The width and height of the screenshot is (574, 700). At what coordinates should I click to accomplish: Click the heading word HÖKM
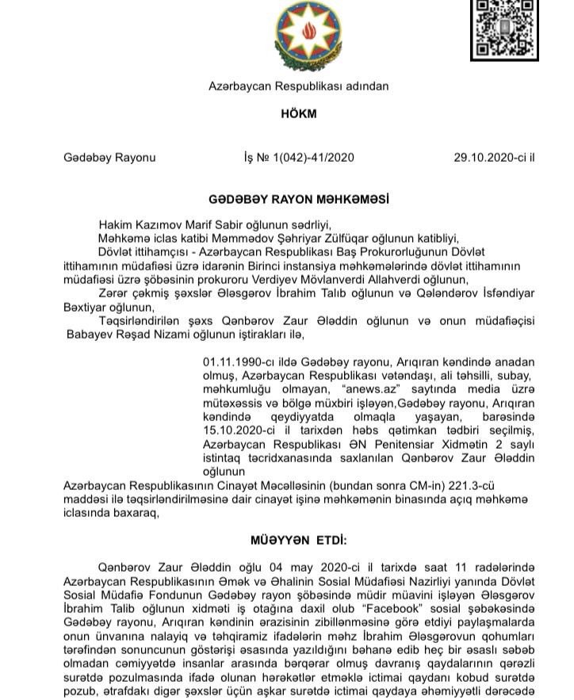pyautogui.click(x=298, y=113)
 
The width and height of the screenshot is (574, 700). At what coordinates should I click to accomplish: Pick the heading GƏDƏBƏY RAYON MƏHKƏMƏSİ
pyautogui.click(x=299, y=201)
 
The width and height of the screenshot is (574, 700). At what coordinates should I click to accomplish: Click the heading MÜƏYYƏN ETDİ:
pyautogui.click(x=299, y=540)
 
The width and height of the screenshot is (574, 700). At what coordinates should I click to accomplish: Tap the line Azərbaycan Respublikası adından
pyautogui.click(x=298, y=86)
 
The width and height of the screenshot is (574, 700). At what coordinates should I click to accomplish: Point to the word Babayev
pyautogui.click(x=90, y=334)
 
